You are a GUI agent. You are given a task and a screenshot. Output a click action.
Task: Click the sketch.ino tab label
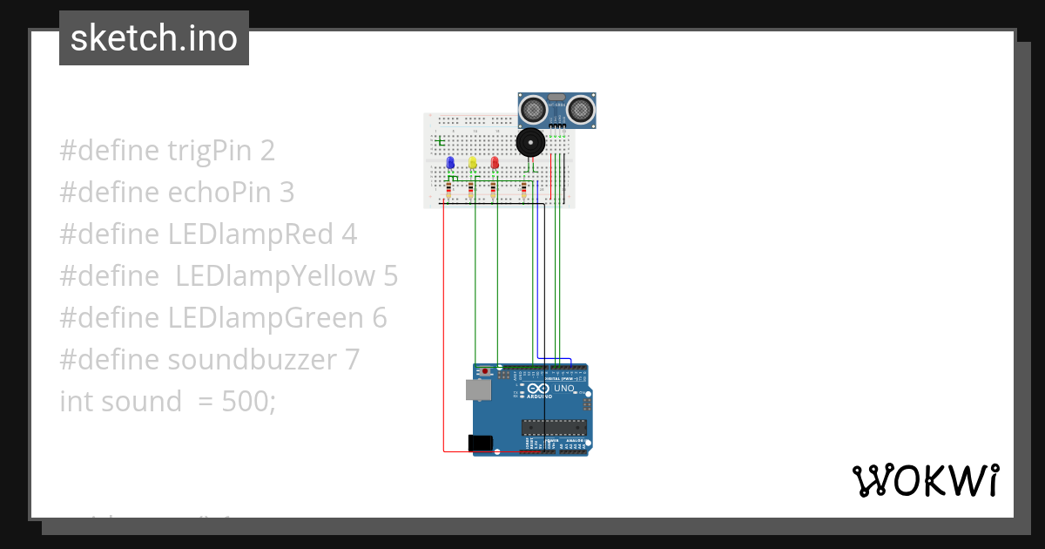click(x=154, y=38)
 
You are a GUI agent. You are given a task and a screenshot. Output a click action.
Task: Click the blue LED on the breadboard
click(x=450, y=163)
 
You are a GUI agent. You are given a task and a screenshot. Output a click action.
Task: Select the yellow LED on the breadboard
click(x=473, y=163)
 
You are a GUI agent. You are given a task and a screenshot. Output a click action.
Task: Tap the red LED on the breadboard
click(x=495, y=163)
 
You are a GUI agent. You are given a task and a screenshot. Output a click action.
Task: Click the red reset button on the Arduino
click(x=484, y=372)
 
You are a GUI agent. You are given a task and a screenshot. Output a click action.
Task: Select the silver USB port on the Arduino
click(x=478, y=390)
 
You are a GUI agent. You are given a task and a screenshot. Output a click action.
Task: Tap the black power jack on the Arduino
click(x=480, y=444)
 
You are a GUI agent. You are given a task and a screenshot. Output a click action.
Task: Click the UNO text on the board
click(x=564, y=389)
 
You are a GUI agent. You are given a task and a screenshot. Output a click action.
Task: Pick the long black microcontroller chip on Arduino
click(x=554, y=427)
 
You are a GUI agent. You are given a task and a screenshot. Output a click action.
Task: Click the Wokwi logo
click(x=925, y=480)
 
